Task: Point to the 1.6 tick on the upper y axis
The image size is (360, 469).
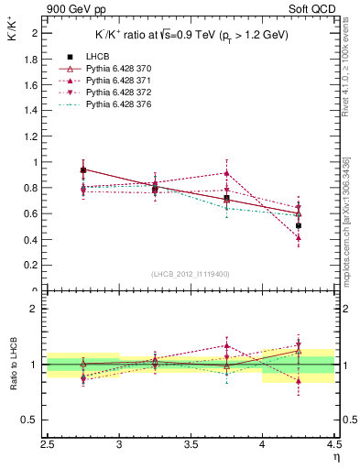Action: (33, 84)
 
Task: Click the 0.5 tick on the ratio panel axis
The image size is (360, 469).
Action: (33, 420)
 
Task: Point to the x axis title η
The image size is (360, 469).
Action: (335, 459)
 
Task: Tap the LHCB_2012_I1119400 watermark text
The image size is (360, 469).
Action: (191, 273)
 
